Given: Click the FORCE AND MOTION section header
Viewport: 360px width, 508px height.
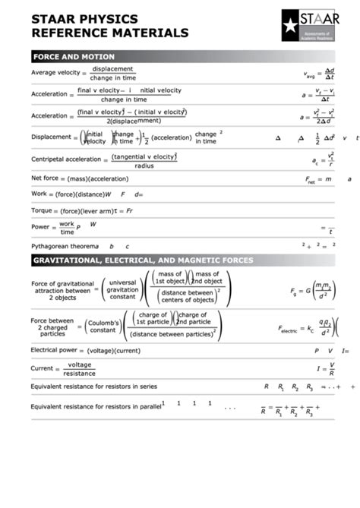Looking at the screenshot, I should (x=74, y=57).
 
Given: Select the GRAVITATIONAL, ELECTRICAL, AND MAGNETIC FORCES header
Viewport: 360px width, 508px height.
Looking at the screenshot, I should (x=143, y=260).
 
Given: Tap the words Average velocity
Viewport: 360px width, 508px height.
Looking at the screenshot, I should (x=55, y=73).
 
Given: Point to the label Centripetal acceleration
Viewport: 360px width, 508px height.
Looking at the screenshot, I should (x=65, y=159).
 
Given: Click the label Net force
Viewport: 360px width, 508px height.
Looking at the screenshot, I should (x=46, y=178).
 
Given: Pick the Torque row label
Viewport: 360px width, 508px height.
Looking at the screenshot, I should (x=41, y=210).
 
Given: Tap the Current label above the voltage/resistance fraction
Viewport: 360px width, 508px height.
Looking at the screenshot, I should (x=43, y=368).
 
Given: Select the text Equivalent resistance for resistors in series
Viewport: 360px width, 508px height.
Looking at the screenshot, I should (x=93, y=386).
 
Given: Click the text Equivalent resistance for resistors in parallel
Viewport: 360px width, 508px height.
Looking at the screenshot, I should (x=96, y=406).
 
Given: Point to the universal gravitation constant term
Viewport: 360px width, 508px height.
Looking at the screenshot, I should (x=122, y=289).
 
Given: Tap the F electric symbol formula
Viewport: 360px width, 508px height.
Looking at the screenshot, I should (x=308, y=329).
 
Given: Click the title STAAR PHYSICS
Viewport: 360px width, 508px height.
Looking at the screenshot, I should (x=84, y=19).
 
